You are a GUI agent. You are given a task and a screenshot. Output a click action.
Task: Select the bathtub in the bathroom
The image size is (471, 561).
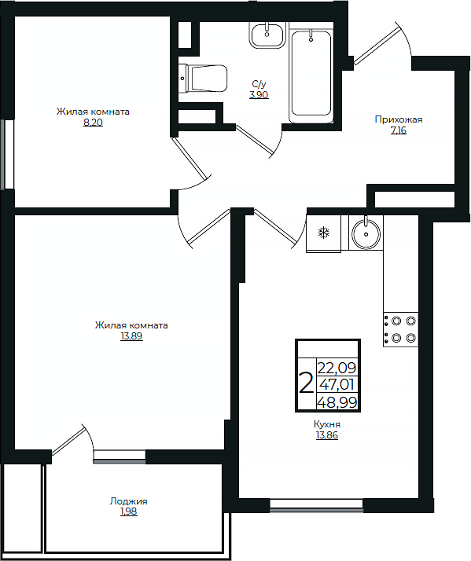[x=311, y=76]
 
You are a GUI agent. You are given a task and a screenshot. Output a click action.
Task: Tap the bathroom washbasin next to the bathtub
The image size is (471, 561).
[x=267, y=35]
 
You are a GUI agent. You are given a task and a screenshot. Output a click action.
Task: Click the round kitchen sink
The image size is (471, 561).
[x=366, y=233]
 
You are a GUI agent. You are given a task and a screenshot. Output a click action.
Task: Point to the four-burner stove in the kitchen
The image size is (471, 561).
[x=400, y=329]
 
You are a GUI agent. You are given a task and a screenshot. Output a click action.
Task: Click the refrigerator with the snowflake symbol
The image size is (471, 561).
[x=323, y=233]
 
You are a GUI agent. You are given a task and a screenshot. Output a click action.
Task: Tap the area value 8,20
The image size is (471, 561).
[x=93, y=123]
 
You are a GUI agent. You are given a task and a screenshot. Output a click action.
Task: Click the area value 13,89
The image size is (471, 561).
[x=131, y=336]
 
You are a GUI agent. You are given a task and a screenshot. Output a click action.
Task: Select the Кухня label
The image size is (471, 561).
[x=327, y=424]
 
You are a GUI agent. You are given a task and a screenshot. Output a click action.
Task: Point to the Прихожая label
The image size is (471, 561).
[x=399, y=119]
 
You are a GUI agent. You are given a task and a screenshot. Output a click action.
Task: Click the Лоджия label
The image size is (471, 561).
[x=129, y=501]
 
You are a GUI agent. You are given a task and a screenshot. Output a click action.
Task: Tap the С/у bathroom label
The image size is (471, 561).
[x=259, y=84]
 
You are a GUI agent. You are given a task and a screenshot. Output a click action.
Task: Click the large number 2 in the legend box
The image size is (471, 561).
[x=306, y=383]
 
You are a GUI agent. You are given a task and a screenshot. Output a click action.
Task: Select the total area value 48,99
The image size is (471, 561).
[x=337, y=403]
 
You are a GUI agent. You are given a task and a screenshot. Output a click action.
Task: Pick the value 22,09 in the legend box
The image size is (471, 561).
[x=337, y=368]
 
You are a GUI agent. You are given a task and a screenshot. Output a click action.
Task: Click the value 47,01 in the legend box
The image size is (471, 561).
[x=337, y=385]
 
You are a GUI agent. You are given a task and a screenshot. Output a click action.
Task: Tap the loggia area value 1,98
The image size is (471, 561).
[x=129, y=512]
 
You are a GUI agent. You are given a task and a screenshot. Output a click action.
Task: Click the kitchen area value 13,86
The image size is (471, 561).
[x=327, y=435]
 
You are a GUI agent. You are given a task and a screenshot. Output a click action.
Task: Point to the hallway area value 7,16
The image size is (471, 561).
[x=399, y=130]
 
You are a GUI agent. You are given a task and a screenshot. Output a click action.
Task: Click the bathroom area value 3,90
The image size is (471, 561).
[x=259, y=95]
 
